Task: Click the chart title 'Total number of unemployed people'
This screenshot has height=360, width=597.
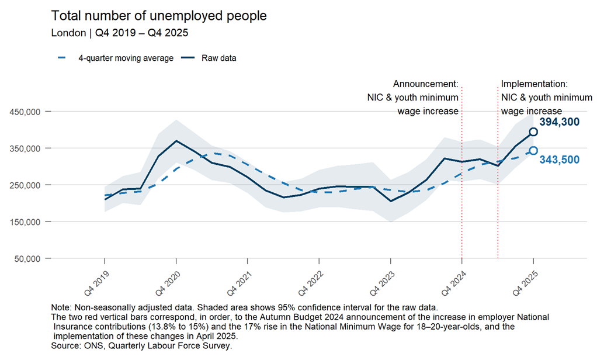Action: pyautogui.click(x=159, y=16)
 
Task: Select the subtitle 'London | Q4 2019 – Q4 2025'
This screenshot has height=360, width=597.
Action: pyautogui.click(x=120, y=33)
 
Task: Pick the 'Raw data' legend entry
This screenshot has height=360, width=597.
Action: pyautogui.click(x=209, y=58)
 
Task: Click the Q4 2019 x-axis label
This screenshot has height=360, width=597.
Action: pyautogui.click(x=97, y=283)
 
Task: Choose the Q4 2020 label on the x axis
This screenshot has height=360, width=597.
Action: pyautogui.click(x=168, y=283)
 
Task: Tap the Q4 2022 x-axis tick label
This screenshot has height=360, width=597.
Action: pyautogui.click(x=311, y=283)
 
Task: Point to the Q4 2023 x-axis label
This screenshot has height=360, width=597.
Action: pyautogui.click(x=382, y=283)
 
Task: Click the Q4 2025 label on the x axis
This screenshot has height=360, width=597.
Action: pyautogui.click(x=525, y=283)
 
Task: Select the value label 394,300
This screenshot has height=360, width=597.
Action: pyautogui.click(x=559, y=122)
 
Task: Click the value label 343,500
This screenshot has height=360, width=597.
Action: pyautogui.click(x=559, y=160)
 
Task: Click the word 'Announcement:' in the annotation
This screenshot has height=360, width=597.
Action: pyautogui.click(x=426, y=84)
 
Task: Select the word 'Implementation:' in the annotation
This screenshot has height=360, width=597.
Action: pyautogui.click(x=534, y=84)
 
